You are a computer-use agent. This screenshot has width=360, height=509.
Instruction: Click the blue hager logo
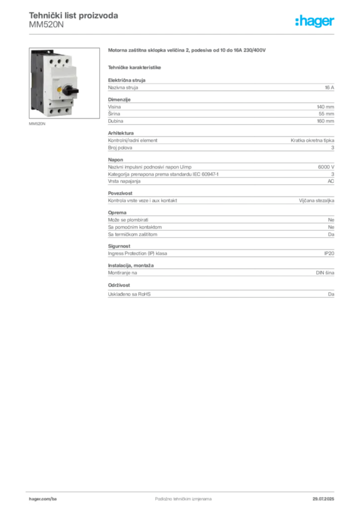pyautogui.click(x=315, y=22)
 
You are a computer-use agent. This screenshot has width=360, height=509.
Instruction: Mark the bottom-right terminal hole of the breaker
pyautogui.click(x=65, y=109)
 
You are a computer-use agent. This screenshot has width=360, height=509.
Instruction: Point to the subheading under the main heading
pyautogui.click(x=135, y=67)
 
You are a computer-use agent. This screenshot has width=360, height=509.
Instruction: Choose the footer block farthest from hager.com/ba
pyautogui.click(x=326, y=496)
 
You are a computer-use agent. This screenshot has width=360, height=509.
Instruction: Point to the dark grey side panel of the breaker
pyautogui.click(x=34, y=80)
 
